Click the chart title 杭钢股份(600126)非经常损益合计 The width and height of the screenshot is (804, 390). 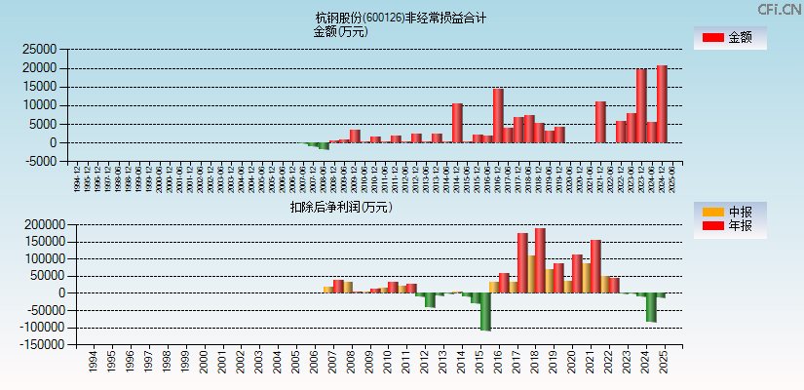coord(401,18)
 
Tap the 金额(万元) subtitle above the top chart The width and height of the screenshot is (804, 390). coord(340,31)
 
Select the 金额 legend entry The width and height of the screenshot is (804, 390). coord(730,37)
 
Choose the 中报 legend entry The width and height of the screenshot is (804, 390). coord(730,212)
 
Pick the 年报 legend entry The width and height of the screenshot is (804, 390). coord(730,225)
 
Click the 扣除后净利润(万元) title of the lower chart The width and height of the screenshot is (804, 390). coord(340,207)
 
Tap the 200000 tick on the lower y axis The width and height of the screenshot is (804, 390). coord(35,224)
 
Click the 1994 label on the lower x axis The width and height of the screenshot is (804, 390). coord(92,364)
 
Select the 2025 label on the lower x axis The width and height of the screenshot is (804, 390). coord(663,364)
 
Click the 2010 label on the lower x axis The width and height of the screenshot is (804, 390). coord(387,364)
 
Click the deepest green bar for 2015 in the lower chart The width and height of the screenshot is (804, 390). coord(485,312)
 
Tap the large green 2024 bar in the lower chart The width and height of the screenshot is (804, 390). coord(651,307)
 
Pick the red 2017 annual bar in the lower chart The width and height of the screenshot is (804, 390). coord(522,262)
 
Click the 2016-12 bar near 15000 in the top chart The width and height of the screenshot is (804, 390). coord(498,115)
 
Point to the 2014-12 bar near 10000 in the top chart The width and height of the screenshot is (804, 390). coord(457,123)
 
